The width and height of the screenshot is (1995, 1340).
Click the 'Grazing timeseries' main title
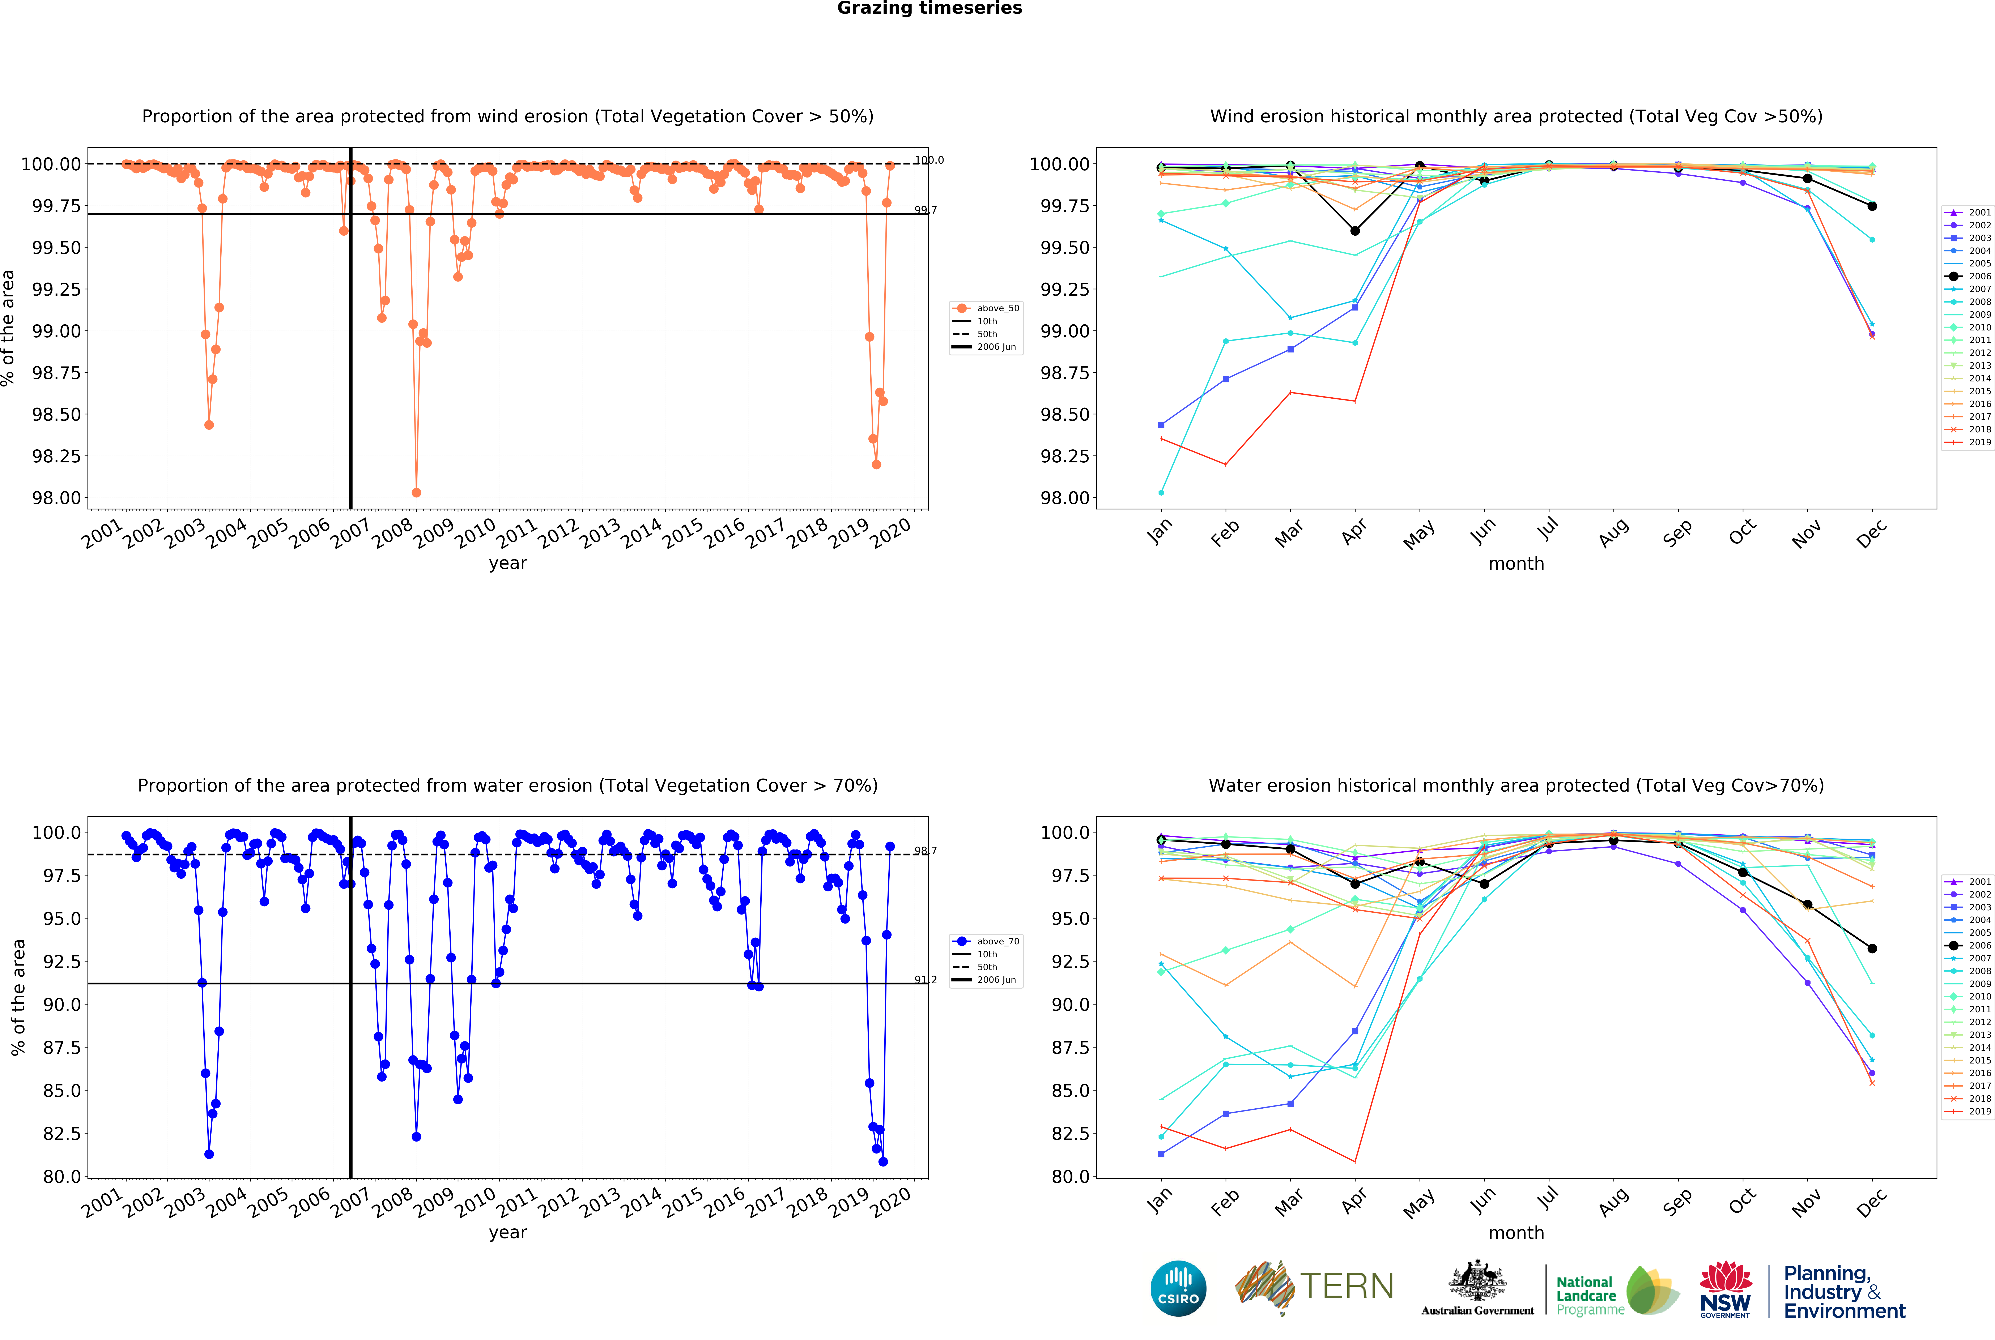tap(929, 9)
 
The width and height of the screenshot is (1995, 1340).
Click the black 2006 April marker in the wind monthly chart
tap(1355, 231)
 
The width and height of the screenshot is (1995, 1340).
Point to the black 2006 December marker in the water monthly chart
tap(1872, 949)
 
